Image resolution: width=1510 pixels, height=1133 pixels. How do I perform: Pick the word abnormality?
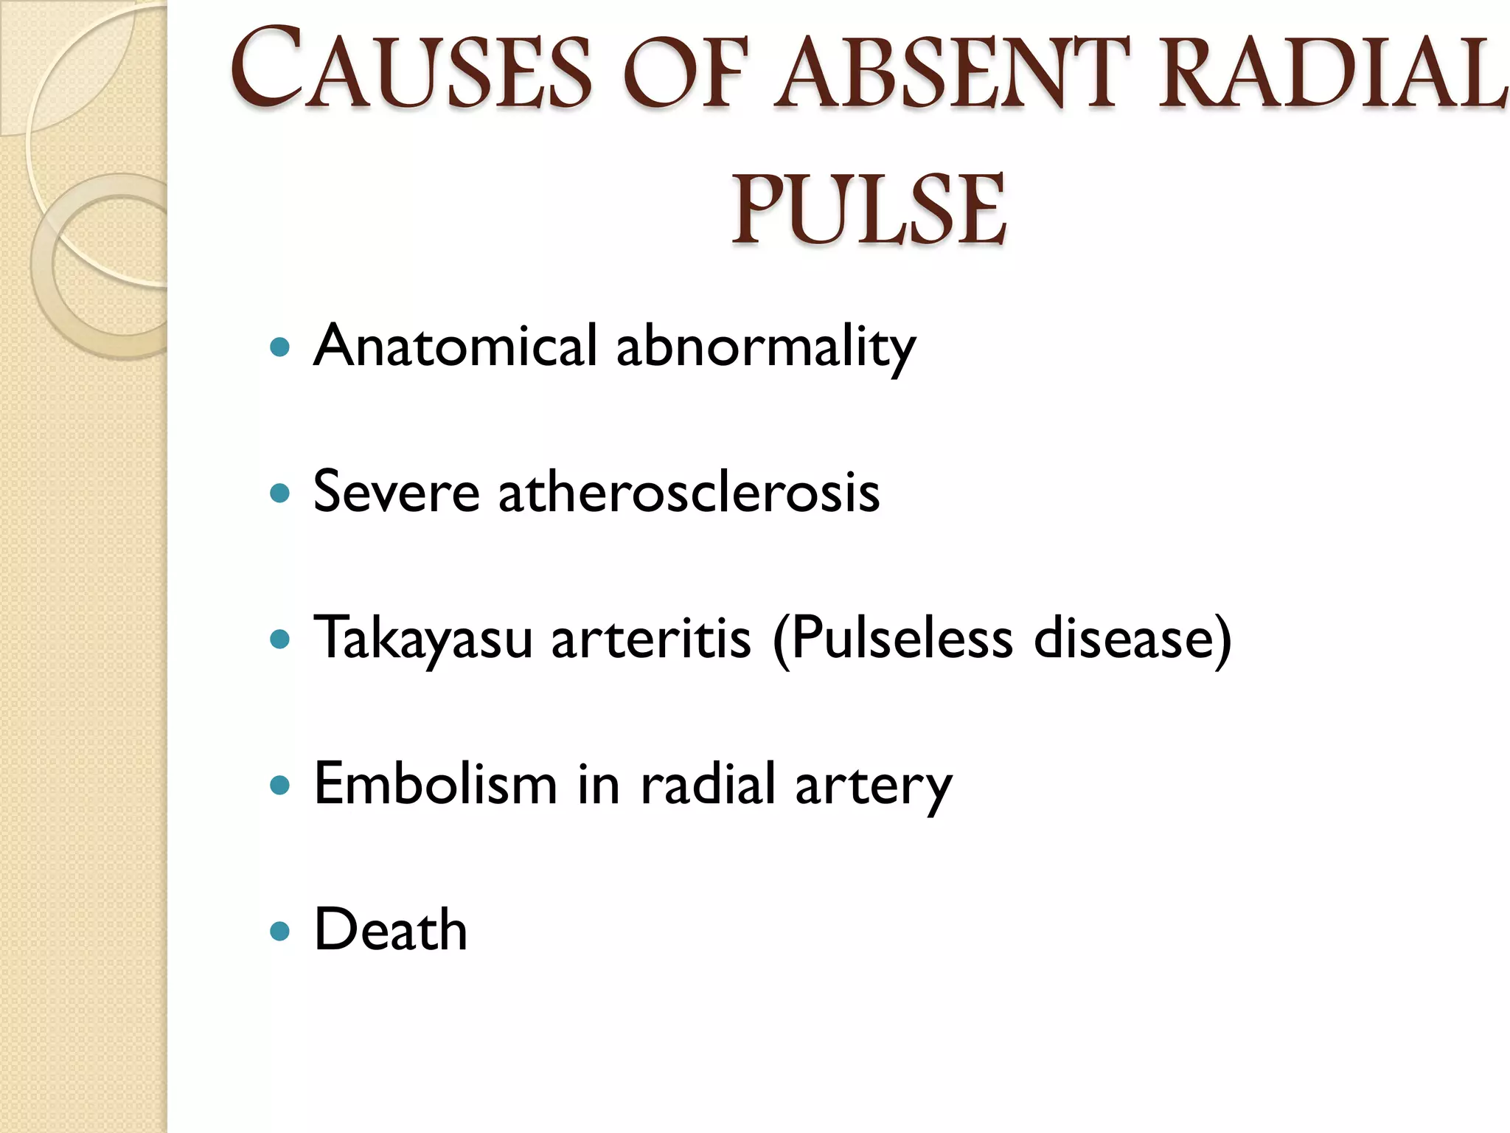coord(766,347)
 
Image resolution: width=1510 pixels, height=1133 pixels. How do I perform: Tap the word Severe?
coord(396,491)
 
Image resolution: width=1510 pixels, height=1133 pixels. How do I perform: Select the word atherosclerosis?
coord(689,491)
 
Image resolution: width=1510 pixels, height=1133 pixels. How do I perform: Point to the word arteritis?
coord(651,637)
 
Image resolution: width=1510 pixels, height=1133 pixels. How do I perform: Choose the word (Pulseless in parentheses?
coord(893,637)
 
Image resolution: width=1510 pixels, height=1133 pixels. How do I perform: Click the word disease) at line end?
coord(1132,637)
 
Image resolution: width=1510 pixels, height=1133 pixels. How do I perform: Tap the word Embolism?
coord(435,783)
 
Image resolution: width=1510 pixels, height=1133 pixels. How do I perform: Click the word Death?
coord(391,929)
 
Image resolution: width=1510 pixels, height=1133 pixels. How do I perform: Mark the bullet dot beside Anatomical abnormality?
coord(280,347)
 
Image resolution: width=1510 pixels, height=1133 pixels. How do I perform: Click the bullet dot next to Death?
coord(280,931)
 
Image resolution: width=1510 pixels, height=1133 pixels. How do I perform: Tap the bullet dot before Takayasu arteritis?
coord(280,639)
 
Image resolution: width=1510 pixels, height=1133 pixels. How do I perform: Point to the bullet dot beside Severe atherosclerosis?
coord(280,493)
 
